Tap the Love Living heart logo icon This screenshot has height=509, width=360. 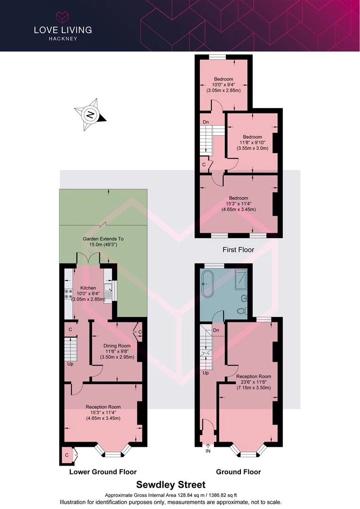click(63, 17)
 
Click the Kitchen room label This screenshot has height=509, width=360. click(88, 288)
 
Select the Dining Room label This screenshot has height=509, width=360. click(117, 346)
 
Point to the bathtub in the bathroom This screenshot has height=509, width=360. click(207, 284)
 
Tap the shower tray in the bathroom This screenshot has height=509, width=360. click(241, 279)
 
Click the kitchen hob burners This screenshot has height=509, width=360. click(68, 294)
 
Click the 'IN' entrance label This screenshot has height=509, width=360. click(208, 451)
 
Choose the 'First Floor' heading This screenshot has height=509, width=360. click(238, 250)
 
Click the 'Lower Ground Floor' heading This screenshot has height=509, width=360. click(103, 472)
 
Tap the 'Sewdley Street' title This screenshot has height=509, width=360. click(171, 484)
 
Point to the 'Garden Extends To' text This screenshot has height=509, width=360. click(103, 238)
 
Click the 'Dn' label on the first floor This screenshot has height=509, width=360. click(206, 122)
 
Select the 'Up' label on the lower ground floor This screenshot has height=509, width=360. click(70, 364)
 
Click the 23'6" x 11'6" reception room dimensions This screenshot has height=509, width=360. click(254, 382)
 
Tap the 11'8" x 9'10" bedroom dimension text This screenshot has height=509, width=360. click(253, 142)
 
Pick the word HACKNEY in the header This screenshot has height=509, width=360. click(63, 38)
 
